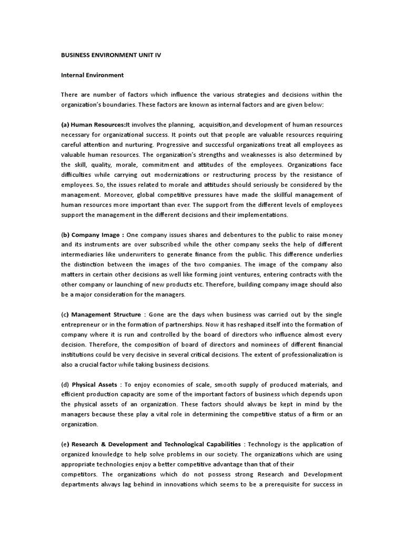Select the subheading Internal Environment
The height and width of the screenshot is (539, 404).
pyautogui.click(x=92, y=75)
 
